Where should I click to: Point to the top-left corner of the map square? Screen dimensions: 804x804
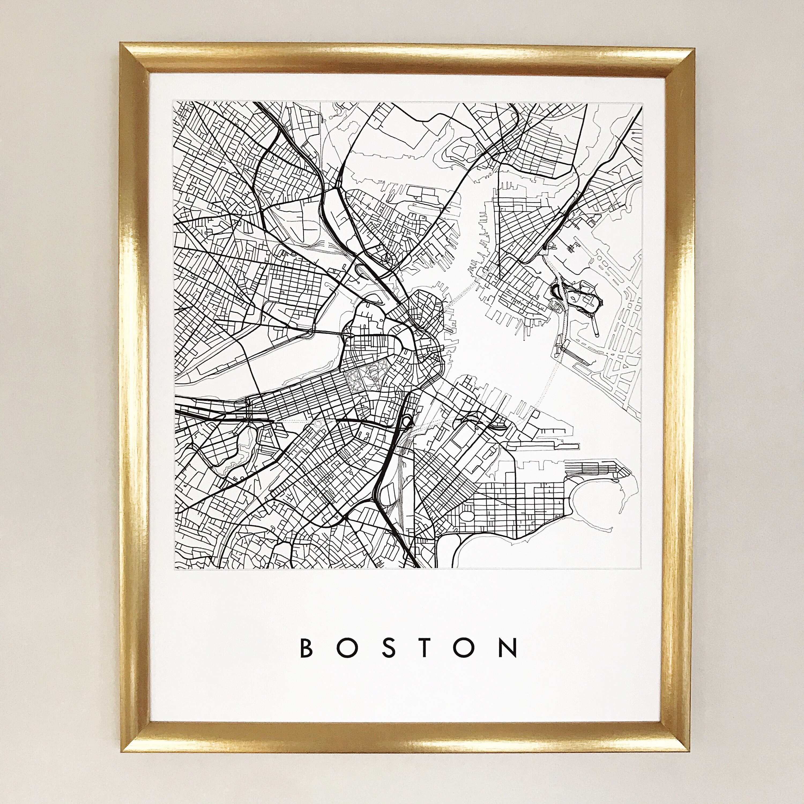(174, 101)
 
